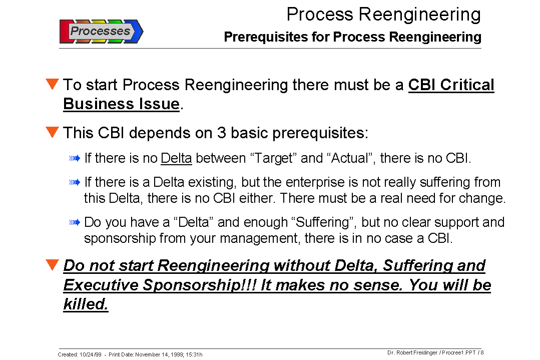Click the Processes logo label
coord(100,31)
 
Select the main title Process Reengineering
coord(383,15)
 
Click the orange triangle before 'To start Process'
coord(52,84)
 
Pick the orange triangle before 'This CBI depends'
coord(52,132)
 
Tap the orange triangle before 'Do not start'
coord(52,265)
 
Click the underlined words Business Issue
coord(121,104)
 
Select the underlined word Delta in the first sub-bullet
coord(176,159)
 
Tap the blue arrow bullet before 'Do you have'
coord(75,222)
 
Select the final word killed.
coord(86,304)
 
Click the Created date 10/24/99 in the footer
coord(90,354)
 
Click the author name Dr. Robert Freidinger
coord(412,352)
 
